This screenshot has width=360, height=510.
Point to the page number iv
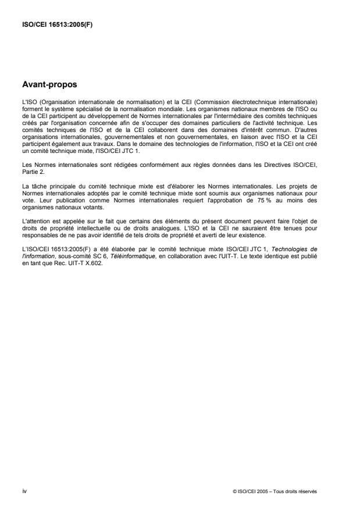[24, 491]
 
